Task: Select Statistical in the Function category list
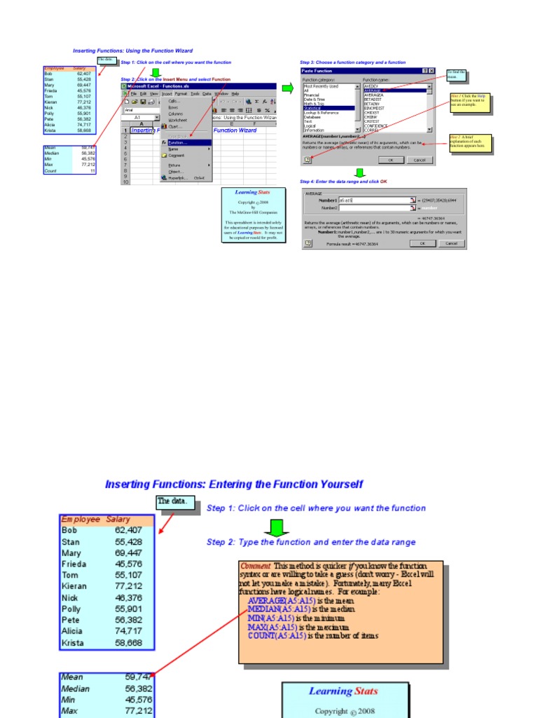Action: point(313,109)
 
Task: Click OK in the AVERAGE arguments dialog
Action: point(422,243)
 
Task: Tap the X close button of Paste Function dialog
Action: point(432,71)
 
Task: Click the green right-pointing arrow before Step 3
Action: point(288,88)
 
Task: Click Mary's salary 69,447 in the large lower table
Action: point(128,553)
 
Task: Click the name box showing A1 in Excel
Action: point(138,117)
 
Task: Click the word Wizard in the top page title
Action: point(182,50)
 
